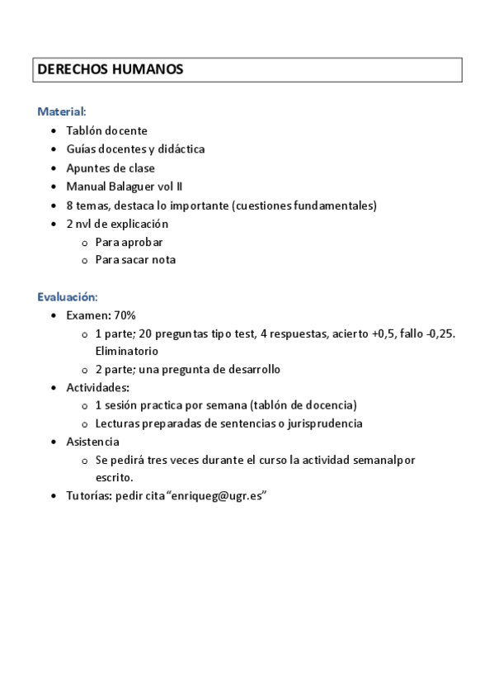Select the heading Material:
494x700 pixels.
pyautogui.click(x=62, y=111)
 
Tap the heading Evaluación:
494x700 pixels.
pyautogui.click(x=68, y=296)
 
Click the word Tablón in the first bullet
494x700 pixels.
pyautogui.click(x=83, y=130)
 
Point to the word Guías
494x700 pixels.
pyautogui.click(x=82, y=149)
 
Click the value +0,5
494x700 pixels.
pyautogui.click(x=385, y=333)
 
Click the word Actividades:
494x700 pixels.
pyautogui.click(x=97, y=387)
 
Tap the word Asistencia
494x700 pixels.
pyautogui.click(x=93, y=442)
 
